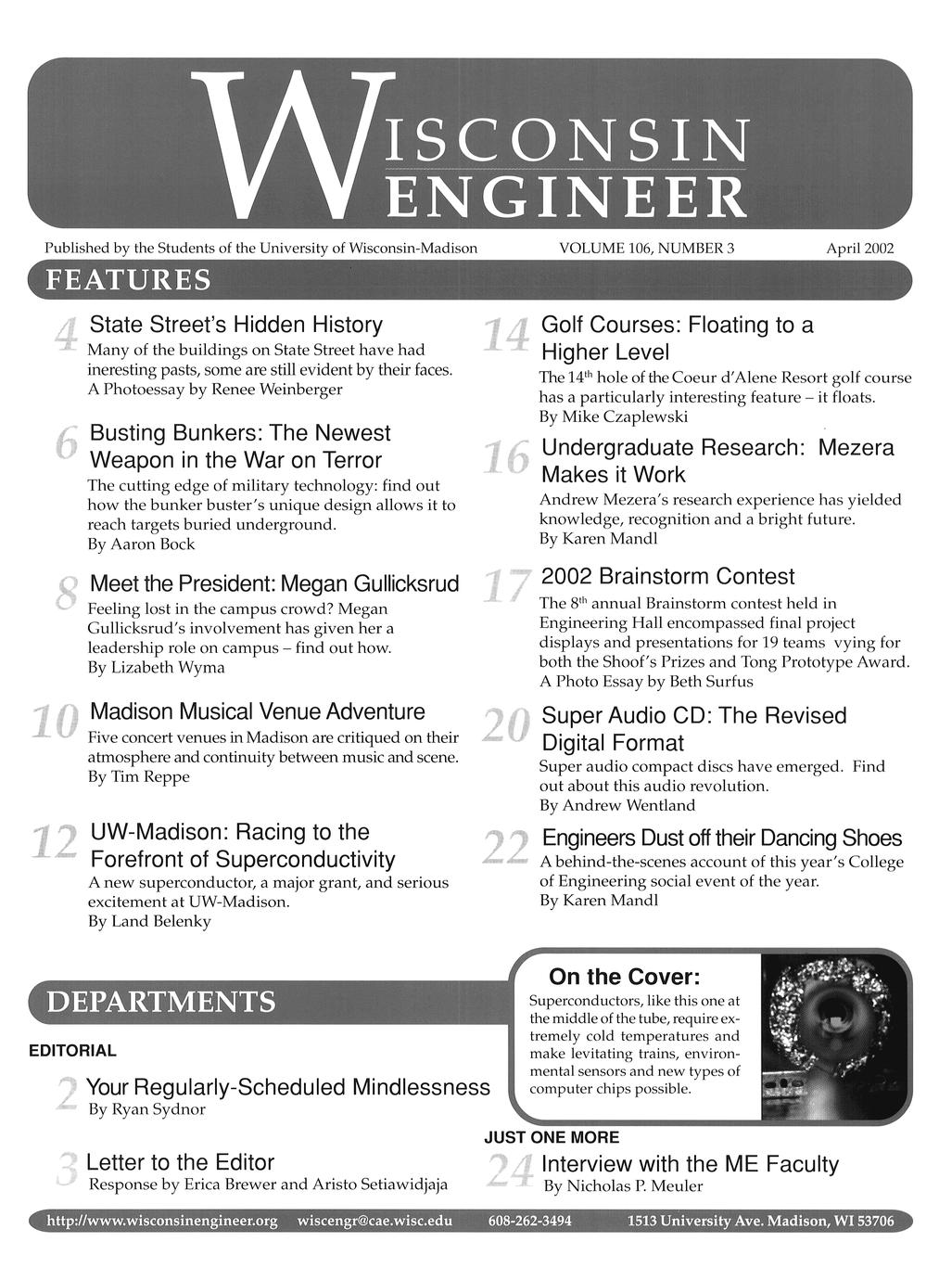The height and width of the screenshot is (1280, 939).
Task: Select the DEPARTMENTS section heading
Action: click(x=161, y=1002)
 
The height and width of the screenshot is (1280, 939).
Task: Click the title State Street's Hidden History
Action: click(x=235, y=325)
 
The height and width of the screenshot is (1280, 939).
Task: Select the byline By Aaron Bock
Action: click(x=141, y=544)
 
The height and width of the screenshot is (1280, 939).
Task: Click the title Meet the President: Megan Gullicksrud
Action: click(x=274, y=584)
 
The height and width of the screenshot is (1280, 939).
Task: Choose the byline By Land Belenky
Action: click(x=149, y=921)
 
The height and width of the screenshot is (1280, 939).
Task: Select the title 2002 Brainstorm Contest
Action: click(x=667, y=576)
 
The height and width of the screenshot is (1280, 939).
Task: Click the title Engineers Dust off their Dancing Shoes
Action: click(x=721, y=838)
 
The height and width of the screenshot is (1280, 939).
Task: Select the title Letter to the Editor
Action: click(x=180, y=1162)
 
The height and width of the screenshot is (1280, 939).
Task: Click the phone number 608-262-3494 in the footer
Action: click(x=529, y=1221)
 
